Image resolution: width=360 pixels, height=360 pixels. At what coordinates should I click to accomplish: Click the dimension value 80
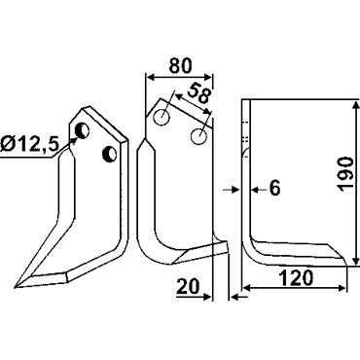180,66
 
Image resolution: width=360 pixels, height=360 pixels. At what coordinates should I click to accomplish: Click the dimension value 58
198,93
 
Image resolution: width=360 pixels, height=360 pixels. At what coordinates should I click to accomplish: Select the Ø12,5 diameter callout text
29,144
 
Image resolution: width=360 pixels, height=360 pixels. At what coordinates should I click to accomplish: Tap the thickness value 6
274,189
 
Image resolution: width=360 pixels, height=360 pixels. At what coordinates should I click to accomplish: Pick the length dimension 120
296,278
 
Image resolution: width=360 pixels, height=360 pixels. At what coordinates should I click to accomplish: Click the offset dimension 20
188,286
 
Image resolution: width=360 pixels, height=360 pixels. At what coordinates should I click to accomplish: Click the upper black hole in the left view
82,130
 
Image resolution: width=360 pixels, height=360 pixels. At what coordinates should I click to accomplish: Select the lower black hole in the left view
109,155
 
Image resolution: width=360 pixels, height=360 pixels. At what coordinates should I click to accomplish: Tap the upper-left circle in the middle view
162,118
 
